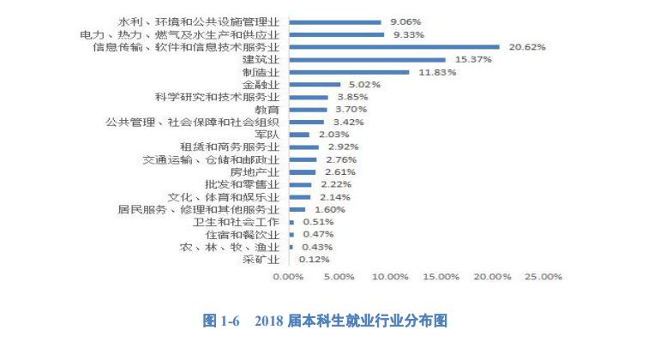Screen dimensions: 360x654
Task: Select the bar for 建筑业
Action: pyautogui.click(x=368, y=60)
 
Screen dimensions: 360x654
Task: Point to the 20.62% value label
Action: pyautogui.click(x=527, y=47)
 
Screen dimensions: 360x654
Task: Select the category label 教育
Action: pyautogui.click(x=267, y=110)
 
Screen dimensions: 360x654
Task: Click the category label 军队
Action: pyautogui.click(x=267, y=135)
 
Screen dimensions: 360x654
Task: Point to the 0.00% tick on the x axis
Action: pyautogui.click(x=289, y=277)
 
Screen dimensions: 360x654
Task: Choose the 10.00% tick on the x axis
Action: pyautogui.click(x=391, y=277)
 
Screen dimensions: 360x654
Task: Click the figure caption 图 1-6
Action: pyautogui.click(x=222, y=321)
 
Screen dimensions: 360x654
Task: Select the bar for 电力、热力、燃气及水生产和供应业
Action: pyautogui.click(x=337, y=35)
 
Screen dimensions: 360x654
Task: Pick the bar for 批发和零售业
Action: pyautogui.click(x=301, y=184)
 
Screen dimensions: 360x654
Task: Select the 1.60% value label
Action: pyautogui.click(x=329, y=208)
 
